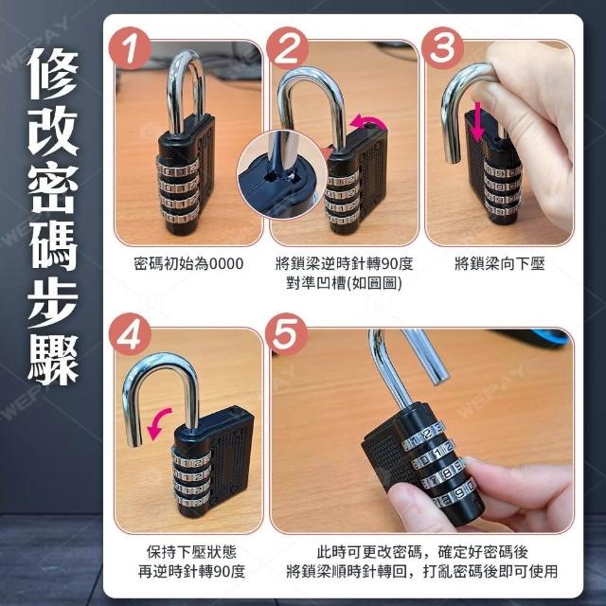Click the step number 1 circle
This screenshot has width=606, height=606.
(x=130, y=48)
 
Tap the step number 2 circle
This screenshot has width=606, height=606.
(x=287, y=48)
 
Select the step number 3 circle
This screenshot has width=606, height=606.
(x=442, y=48)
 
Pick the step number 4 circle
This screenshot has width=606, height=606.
(x=130, y=334)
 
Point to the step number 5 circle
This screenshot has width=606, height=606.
(x=287, y=334)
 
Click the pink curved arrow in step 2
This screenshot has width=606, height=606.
(x=367, y=120)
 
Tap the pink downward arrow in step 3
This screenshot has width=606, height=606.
(x=477, y=120)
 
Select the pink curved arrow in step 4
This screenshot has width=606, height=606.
(x=158, y=422)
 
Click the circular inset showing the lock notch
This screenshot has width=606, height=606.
(x=281, y=174)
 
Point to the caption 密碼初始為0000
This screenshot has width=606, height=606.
(x=188, y=264)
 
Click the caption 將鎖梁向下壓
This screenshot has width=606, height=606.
(x=500, y=264)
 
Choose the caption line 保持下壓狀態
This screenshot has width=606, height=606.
(x=191, y=551)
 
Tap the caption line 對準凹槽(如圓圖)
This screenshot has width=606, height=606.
(x=344, y=283)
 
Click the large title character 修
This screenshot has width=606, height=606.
(x=53, y=74)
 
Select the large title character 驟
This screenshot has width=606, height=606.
(x=53, y=360)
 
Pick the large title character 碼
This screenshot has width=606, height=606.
(x=53, y=245)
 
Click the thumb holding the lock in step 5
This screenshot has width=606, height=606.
(x=416, y=507)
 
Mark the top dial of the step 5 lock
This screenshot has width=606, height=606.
(x=422, y=436)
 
